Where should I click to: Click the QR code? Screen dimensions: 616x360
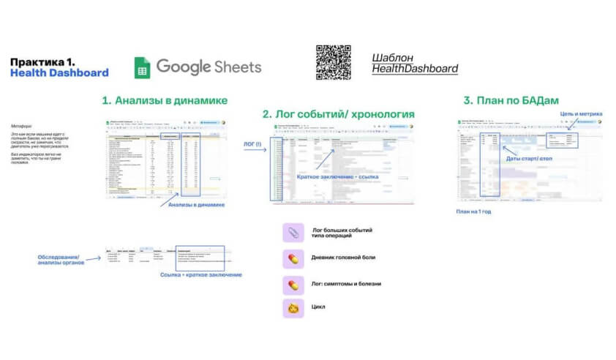pos(333,62)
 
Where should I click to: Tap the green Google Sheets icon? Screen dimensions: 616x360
pos(142,67)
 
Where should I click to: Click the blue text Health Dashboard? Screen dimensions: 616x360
pos(59,72)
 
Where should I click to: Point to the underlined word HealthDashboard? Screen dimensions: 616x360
pos(415,69)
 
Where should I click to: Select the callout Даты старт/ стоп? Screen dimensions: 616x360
pos(528,157)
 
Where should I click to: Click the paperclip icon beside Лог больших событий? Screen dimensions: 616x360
pos(293,233)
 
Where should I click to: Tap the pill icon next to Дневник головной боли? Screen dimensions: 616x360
pos(293,258)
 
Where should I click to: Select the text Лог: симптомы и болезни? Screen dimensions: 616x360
pos(347,283)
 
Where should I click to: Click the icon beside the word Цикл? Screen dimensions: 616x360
pos(293,307)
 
